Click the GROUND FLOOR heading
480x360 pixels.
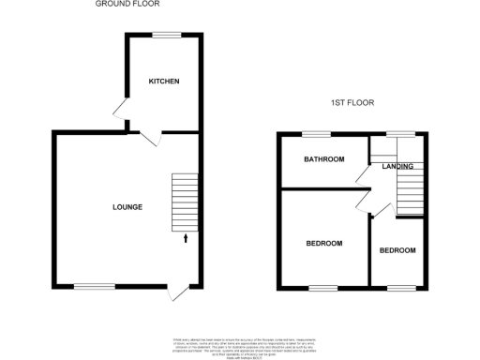(127, 5)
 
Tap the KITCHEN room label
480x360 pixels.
(163, 82)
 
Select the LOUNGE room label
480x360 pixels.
(127, 206)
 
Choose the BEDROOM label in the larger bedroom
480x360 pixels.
(324, 244)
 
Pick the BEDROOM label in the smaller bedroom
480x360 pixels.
(397, 251)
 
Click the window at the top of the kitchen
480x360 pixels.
(167, 35)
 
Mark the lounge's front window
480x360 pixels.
(94, 285)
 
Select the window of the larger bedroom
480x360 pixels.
(324, 288)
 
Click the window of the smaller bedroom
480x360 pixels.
(402, 288)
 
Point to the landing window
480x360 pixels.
(402, 134)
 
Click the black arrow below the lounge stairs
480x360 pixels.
(185, 238)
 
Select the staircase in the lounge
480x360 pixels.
(185, 202)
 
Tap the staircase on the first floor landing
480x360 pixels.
(410, 187)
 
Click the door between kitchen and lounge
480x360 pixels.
(150, 140)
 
